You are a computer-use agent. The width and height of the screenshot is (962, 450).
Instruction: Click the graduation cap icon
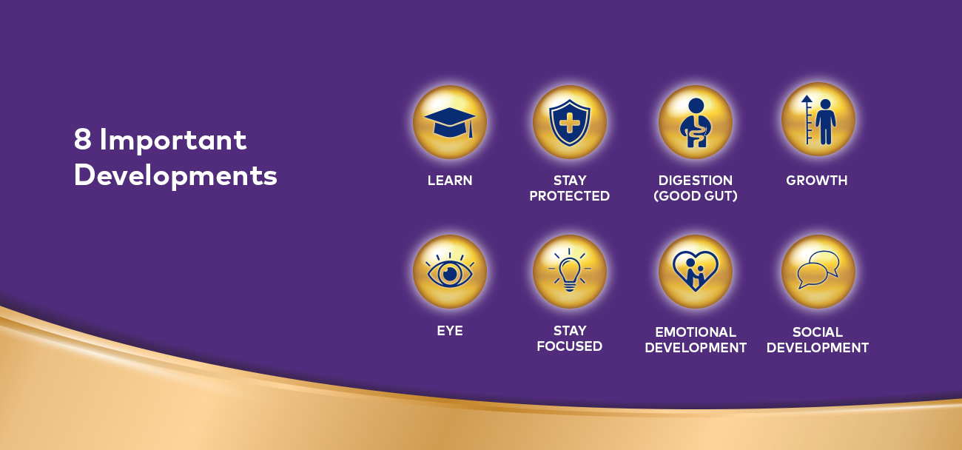pyautogui.click(x=450, y=122)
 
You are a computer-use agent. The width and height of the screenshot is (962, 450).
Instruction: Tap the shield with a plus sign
pyautogui.click(x=570, y=123)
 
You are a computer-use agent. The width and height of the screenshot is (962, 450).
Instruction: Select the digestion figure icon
pyautogui.click(x=696, y=123)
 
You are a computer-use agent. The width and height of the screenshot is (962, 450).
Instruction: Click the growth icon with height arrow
pyautogui.click(x=818, y=120)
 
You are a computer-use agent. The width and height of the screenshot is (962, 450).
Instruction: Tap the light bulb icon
pyautogui.click(x=570, y=270)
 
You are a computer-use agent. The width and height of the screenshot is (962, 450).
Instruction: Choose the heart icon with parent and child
pyautogui.click(x=696, y=271)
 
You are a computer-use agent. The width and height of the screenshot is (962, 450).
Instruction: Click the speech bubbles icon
pyautogui.click(x=818, y=269)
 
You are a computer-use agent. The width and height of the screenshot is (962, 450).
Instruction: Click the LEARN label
pyautogui.click(x=450, y=181)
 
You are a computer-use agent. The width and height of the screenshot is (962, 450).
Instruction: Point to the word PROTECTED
pyautogui.click(x=570, y=196)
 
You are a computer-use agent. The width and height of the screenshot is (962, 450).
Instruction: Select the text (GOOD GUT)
pyautogui.click(x=696, y=196)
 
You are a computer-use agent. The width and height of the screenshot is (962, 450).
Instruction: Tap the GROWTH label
pyautogui.click(x=817, y=181)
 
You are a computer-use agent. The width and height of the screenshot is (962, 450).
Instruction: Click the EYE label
pyautogui.click(x=450, y=331)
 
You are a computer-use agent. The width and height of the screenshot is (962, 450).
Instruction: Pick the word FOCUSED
pyautogui.click(x=570, y=346)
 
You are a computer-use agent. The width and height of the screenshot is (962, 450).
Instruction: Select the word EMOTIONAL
pyautogui.click(x=696, y=332)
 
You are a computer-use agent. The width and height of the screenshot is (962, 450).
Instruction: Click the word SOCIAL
pyautogui.click(x=818, y=332)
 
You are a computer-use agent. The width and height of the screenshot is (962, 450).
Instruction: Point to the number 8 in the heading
pyautogui.click(x=82, y=139)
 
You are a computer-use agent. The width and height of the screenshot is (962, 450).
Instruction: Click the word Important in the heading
pyautogui.click(x=173, y=140)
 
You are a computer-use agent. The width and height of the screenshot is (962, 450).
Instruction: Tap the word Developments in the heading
pyautogui.click(x=175, y=175)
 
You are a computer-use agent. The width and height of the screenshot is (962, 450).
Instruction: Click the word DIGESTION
pyautogui.click(x=696, y=181)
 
